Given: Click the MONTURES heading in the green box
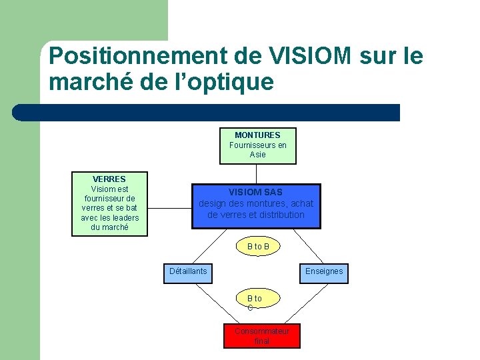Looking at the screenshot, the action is [257, 135].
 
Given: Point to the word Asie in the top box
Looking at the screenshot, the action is [257, 155].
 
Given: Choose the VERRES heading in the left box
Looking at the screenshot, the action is [109, 179].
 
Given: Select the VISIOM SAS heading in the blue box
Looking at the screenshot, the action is [256, 193].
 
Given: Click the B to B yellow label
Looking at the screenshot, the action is [258, 247].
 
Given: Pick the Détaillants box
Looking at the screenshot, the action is [188, 271].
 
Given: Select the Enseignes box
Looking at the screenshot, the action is [324, 271].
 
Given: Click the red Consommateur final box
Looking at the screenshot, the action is [261, 336].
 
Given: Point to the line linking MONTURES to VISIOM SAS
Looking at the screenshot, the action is [257, 174].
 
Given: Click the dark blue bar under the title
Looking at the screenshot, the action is [207, 113].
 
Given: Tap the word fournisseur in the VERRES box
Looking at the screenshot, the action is [109, 199].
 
